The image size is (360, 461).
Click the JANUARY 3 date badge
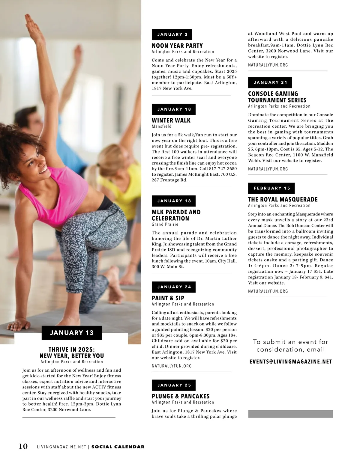pos(172,34)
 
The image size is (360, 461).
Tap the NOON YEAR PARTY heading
pos(177,46)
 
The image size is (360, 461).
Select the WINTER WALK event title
pos(171,120)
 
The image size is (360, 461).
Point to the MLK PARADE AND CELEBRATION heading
pos(176,215)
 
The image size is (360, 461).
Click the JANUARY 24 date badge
pos(174,287)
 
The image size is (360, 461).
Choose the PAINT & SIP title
pos(168,298)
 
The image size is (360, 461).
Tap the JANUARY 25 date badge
pos(174,385)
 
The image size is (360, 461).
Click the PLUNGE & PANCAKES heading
pos(181,396)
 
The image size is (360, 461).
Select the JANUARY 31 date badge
pos(270,82)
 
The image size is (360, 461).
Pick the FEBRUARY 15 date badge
pos(271,188)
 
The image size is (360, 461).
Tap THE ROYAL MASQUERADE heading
pos(283,199)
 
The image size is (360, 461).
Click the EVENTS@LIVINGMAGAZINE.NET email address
pos(291,362)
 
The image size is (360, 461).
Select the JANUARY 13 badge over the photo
pos(72,333)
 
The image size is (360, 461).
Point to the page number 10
pos(23,446)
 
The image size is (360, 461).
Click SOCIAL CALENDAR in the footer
pos(118,447)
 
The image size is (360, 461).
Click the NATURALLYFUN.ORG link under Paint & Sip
pos(172,366)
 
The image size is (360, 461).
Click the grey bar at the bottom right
pos(290,414)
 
